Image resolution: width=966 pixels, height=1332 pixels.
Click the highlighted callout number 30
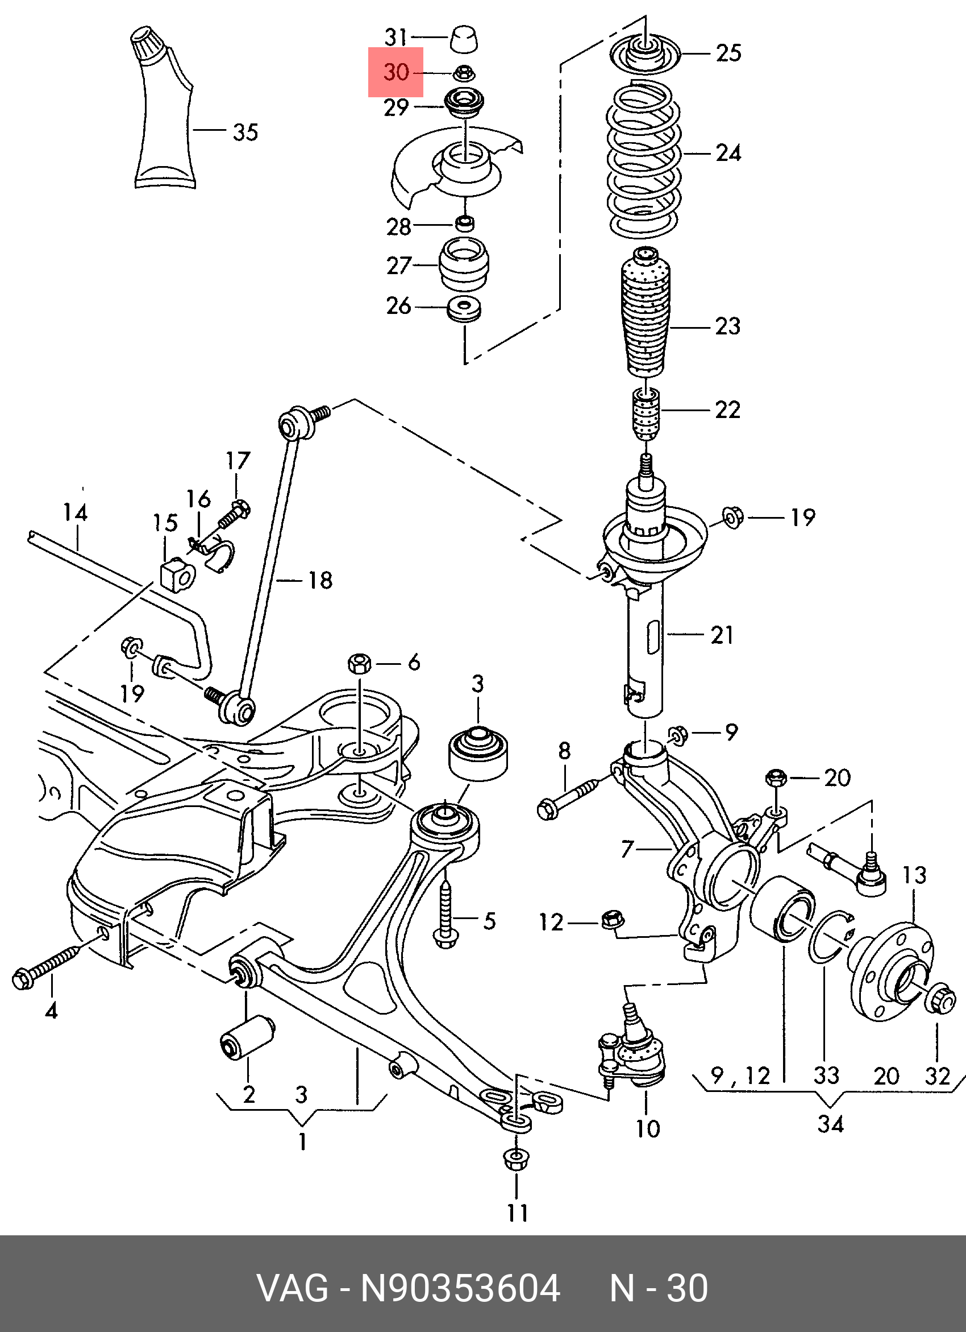click(395, 72)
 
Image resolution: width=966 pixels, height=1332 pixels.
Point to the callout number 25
click(728, 53)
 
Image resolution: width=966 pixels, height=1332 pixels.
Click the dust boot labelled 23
click(645, 313)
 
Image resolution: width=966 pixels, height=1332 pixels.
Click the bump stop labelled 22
click(646, 413)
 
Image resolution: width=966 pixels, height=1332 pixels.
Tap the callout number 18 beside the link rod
click(320, 580)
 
